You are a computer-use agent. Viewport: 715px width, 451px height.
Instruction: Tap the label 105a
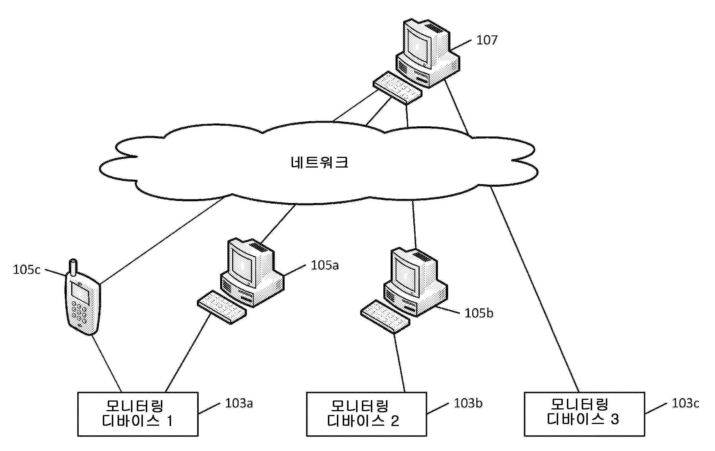tap(325, 265)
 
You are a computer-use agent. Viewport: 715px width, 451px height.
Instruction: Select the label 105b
tap(479, 314)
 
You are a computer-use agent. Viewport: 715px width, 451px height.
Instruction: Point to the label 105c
tap(26, 270)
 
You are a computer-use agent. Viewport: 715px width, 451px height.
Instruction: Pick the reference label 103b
tap(468, 403)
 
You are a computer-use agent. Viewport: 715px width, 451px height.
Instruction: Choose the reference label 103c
tap(685, 403)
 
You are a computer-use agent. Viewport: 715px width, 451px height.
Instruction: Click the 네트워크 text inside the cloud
tap(319, 162)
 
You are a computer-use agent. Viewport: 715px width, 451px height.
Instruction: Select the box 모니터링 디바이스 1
tap(138, 414)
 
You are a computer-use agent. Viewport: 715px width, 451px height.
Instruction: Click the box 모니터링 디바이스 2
tap(367, 414)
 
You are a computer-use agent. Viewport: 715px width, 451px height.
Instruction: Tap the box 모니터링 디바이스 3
tap(584, 414)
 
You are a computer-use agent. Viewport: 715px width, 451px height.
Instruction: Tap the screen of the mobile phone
tap(80, 293)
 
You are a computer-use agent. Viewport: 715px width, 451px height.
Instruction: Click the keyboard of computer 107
tap(397, 87)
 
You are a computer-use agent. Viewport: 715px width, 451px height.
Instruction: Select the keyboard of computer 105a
tap(222, 307)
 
